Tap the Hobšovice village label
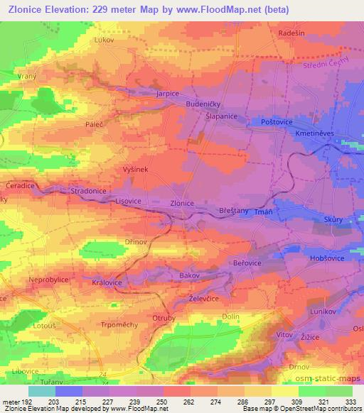(328, 260)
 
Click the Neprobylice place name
(48, 280)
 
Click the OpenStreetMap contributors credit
(323, 409)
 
